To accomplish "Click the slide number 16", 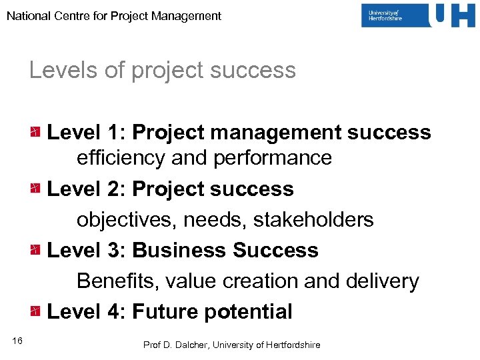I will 17,342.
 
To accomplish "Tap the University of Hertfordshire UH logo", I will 418,15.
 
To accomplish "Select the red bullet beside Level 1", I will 35,132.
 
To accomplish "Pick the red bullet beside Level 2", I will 35,189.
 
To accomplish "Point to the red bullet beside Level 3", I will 35,250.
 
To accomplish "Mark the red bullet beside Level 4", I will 35,311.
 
